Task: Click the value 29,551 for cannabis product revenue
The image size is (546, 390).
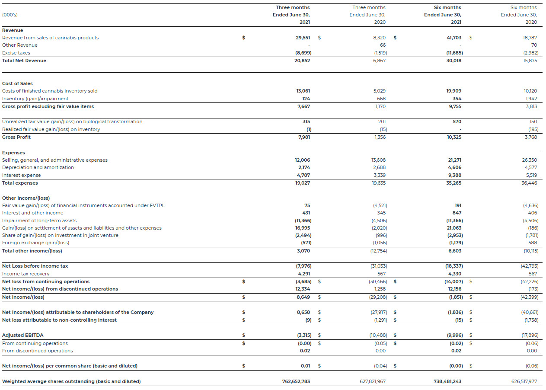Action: (303, 38)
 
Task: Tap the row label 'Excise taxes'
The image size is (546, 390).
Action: (16, 53)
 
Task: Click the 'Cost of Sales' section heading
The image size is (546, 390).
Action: (17, 83)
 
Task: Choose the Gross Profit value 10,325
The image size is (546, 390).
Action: (453, 137)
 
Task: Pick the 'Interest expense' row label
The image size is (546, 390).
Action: (21, 175)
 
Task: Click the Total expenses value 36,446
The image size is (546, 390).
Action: (530, 183)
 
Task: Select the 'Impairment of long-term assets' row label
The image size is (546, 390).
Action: (39, 221)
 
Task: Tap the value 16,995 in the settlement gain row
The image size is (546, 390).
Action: (303, 228)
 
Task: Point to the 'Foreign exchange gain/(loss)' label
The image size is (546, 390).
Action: (35, 243)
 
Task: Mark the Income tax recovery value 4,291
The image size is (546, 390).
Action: (303, 274)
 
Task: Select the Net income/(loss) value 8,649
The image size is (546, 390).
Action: (303, 297)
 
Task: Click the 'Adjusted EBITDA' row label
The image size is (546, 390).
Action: (22, 335)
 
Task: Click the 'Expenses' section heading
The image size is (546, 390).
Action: (13, 153)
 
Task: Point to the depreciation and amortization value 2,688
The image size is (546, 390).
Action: (379, 167)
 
